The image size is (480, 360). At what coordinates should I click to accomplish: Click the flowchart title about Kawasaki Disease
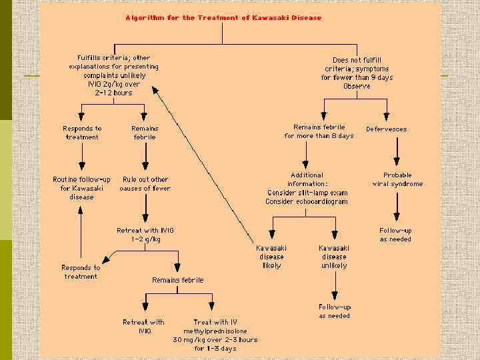(223, 18)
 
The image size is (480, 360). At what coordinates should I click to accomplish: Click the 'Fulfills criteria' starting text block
(114, 75)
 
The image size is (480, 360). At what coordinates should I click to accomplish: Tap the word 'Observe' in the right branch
(357, 87)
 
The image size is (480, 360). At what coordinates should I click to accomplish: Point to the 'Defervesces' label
(387, 129)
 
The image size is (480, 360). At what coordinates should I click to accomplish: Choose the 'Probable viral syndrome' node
(397, 179)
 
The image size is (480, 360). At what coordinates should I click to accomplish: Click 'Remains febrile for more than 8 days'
(319, 131)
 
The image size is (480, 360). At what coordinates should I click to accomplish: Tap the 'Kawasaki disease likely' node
(272, 257)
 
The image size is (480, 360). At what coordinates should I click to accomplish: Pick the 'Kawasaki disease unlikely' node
(333, 257)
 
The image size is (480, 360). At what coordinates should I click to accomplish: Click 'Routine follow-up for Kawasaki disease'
(81, 188)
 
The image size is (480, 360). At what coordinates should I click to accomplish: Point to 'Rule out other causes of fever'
(145, 183)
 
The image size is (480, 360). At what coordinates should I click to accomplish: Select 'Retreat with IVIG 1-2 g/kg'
(145, 235)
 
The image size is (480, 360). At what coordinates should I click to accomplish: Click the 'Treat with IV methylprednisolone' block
(215, 335)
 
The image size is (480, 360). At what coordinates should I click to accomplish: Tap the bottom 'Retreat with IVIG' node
(143, 327)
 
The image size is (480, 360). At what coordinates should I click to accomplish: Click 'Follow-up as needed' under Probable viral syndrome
(396, 235)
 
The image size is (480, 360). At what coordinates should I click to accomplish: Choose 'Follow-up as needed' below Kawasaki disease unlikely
(335, 311)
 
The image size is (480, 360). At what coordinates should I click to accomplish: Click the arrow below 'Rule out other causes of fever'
(145, 210)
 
